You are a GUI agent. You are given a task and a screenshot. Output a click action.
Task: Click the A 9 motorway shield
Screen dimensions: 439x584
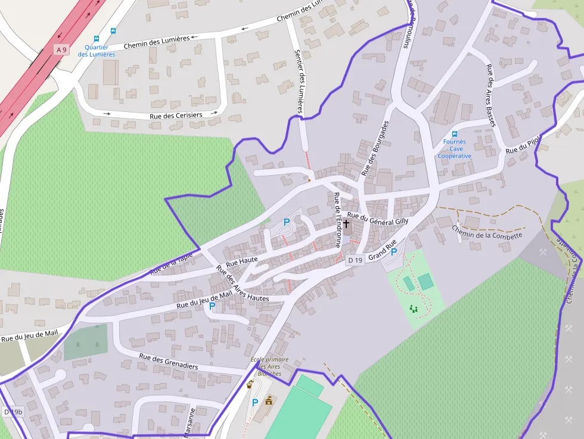[x=60, y=50]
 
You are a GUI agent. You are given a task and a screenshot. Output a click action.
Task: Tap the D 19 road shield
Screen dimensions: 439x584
[x=355, y=260]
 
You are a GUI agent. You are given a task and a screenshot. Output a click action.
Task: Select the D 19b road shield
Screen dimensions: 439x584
[x=13, y=412]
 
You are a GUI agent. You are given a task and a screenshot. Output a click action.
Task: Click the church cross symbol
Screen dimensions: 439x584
[x=346, y=225]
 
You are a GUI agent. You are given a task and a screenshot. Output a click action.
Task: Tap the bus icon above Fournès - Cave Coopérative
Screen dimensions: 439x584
[x=455, y=134]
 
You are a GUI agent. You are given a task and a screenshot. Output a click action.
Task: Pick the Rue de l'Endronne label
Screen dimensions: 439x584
[x=337, y=220]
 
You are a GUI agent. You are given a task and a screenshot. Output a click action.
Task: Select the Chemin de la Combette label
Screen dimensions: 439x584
[x=487, y=232]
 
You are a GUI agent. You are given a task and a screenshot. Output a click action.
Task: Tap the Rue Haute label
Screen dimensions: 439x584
[x=242, y=261]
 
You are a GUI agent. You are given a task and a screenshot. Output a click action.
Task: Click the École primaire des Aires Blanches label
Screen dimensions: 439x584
[x=269, y=366]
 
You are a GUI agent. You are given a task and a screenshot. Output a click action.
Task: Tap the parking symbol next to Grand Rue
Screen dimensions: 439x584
[x=394, y=252]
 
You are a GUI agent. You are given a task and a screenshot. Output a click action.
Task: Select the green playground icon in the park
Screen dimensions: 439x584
[x=413, y=309]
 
